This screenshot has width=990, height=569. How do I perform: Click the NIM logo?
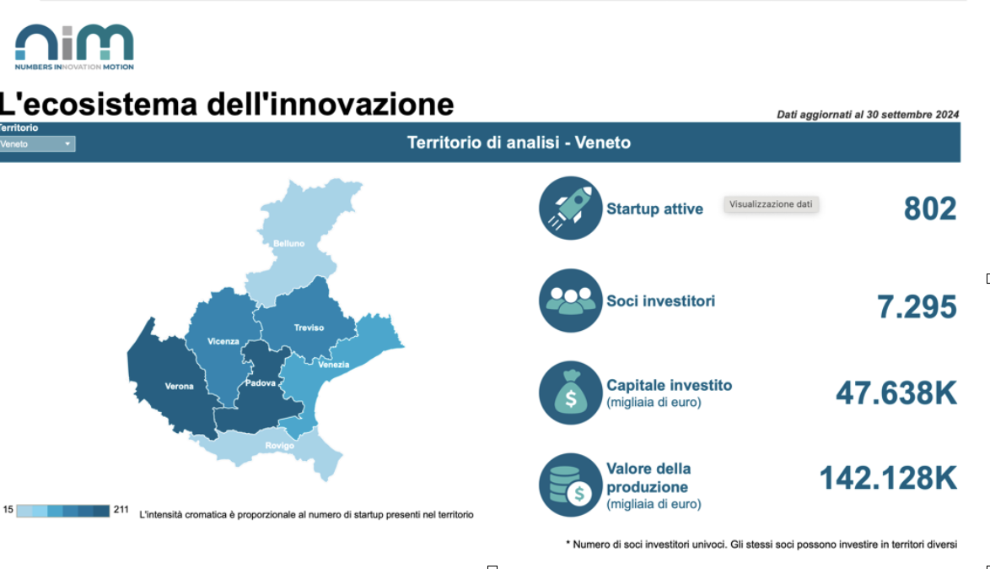[74, 46]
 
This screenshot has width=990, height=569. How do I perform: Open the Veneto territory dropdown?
[37, 144]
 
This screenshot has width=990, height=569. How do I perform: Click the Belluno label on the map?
[288, 243]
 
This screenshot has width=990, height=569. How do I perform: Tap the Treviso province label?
[309, 328]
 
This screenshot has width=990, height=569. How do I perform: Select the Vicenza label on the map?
[223, 341]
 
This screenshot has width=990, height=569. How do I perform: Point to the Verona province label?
[180, 387]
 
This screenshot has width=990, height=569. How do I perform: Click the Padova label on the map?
[260, 383]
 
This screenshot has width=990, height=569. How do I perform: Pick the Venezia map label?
[333, 365]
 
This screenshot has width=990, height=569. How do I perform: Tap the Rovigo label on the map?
[280, 446]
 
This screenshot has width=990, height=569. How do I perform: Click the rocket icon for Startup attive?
[571, 208]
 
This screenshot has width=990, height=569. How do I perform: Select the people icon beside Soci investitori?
[571, 301]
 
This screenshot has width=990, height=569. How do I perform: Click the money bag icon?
[571, 393]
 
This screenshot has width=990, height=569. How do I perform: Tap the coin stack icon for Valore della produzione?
[571, 485]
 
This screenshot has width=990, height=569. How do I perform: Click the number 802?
[930, 209]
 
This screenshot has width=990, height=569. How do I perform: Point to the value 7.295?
[917, 306]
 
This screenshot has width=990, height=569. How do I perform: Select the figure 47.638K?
[896, 393]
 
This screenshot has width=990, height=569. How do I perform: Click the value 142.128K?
[888, 478]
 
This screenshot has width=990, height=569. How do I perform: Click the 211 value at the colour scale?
[121, 510]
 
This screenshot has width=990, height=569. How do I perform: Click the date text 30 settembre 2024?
[912, 115]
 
